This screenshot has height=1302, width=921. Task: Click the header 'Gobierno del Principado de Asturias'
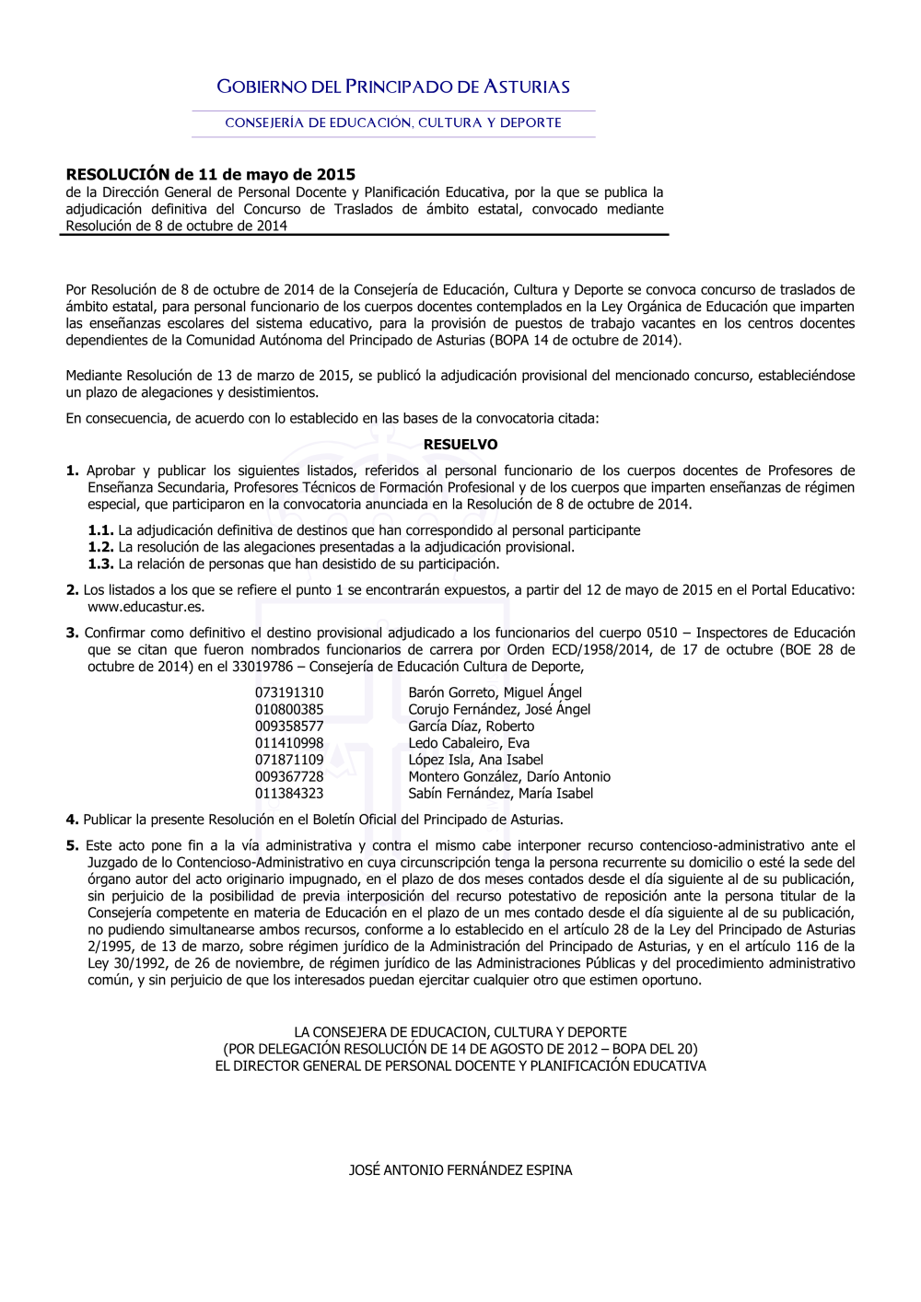pyautogui.click(x=393, y=87)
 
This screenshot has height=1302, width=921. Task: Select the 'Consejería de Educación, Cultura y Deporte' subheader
pyautogui.click(x=393, y=123)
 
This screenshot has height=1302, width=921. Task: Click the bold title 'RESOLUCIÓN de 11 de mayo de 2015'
pyautogui.click(x=210, y=175)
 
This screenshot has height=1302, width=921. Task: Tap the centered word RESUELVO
pyautogui.click(x=460, y=445)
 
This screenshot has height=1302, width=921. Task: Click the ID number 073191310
pyautogui.click(x=289, y=692)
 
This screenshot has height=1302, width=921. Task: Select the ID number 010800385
pyautogui.click(x=289, y=710)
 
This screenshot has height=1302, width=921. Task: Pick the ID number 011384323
pyautogui.click(x=289, y=794)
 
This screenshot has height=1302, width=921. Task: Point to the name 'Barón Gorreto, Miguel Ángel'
pyautogui.click(x=495, y=692)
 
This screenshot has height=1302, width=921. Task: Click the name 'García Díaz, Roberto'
pyautogui.click(x=471, y=727)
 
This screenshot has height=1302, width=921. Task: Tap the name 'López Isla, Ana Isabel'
pyautogui.click(x=475, y=761)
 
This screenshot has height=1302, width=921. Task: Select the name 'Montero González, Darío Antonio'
pyautogui.click(x=509, y=777)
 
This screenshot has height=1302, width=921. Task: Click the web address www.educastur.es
pyautogui.click(x=146, y=608)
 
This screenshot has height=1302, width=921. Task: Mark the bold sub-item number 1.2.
pyautogui.click(x=100, y=548)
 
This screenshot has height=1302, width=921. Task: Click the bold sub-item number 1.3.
pyautogui.click(x=100, y=564)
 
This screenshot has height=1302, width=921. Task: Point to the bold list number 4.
pyautogui.click(x=72, y=820)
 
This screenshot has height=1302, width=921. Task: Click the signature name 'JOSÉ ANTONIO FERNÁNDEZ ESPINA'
pyautogui.click(x=460, y=1170)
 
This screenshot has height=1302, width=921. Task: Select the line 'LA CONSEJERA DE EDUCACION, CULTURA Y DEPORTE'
pyautogui.click(x=460, y=1033)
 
